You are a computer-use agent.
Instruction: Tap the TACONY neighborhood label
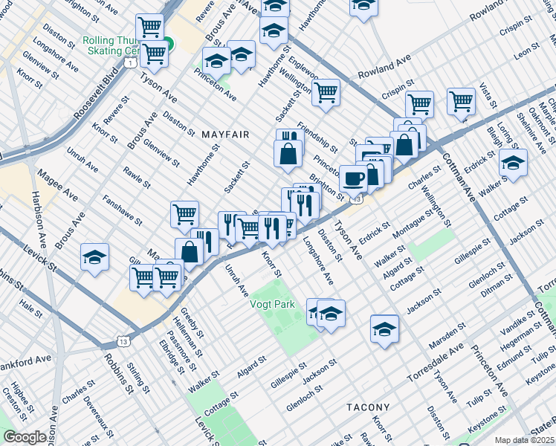point(368,407)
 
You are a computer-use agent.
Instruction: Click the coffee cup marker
point(353,178)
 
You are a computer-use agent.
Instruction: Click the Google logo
point(25,437)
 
